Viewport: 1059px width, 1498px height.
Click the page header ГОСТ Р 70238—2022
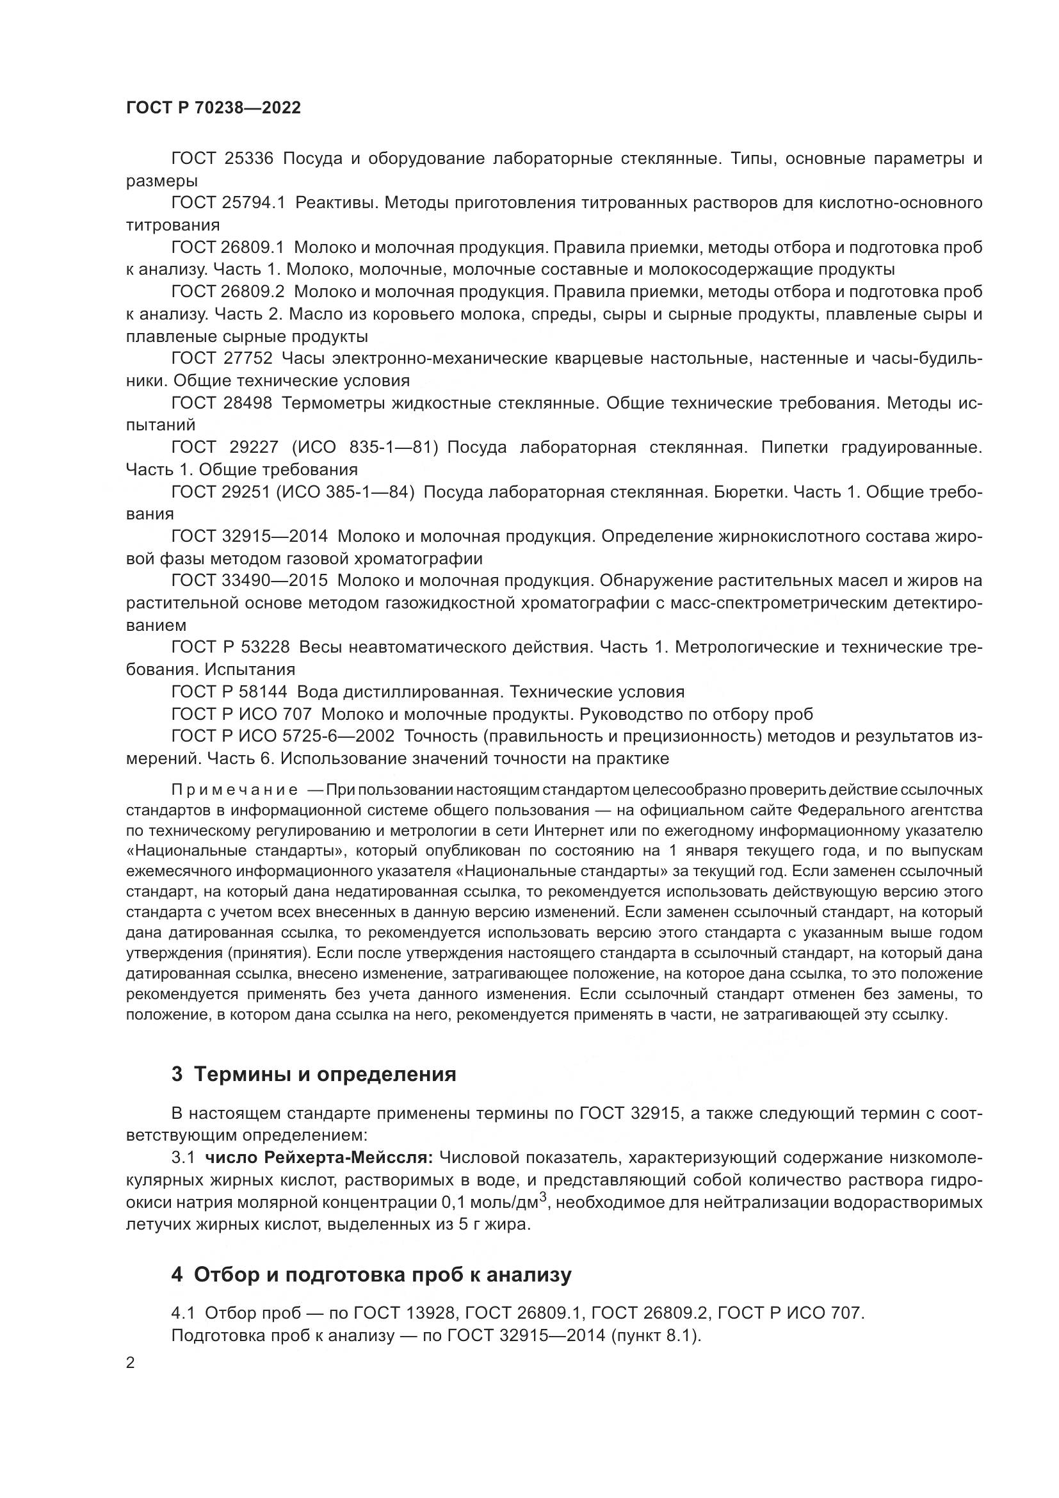coord(214,108)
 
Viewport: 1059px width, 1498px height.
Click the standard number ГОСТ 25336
coord(222,159)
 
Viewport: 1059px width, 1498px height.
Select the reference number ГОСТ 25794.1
coord(228,203)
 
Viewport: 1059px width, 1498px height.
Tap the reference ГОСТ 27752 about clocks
coord(222,358)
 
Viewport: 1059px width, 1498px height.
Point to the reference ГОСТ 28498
coord(222,403)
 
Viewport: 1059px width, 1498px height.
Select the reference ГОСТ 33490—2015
coord(250,580)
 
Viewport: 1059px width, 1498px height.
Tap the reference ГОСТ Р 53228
coord(230,647)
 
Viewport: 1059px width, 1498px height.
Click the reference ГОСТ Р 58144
coord(230,691)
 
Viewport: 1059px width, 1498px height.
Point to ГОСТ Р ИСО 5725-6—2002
coord(282,735)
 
